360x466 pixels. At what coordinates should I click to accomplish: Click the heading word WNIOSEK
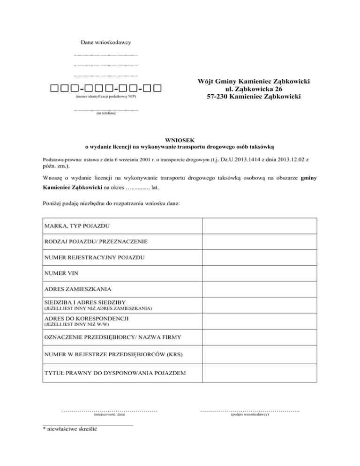(180, 139)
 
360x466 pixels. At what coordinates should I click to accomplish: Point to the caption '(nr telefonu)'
(106, 113)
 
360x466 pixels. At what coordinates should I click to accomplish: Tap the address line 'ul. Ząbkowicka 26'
(254, 89)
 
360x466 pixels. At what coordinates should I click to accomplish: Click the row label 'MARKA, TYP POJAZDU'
(77, 226)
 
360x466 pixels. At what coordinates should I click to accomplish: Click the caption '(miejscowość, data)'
(109, 415)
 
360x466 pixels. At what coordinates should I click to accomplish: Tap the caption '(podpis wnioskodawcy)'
(250, 415)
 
